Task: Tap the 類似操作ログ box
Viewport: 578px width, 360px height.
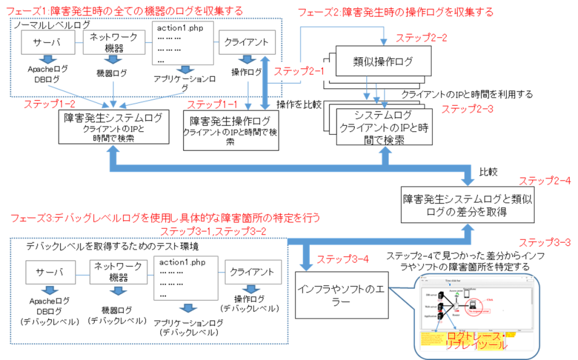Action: (384, 62)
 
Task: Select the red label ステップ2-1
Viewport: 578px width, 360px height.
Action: (299, 71)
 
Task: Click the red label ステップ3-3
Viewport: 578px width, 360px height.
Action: (545, 242)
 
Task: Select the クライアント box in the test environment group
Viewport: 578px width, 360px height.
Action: (249, 272)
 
